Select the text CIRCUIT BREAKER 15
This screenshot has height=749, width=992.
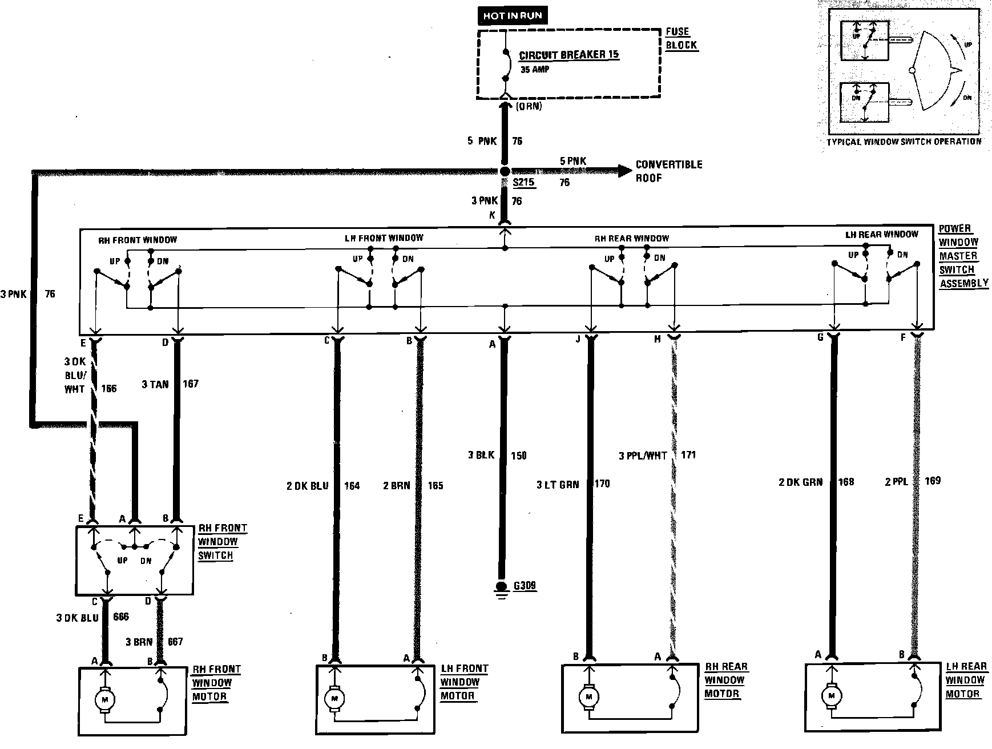click(x=569, y=55)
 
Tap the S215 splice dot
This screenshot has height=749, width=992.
click(x=505, y=171)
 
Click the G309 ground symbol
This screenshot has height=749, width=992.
click(x=502, y=588)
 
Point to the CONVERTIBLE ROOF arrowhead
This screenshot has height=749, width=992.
click(x=626, y=170)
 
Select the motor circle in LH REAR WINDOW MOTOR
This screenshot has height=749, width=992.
click(x=832, y=695)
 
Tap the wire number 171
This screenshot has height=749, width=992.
click(x=688, y=456)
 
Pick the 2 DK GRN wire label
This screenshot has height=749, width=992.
click(x=800, y=482)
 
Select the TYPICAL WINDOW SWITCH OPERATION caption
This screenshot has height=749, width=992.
click(x=904, y=141)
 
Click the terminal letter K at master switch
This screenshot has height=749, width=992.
click(x=491, y=215)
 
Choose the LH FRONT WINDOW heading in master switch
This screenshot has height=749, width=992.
click(x=384, y=237)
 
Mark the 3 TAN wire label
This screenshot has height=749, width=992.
click(x=155, y=384)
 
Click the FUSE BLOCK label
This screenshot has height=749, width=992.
click(x=681, y=38)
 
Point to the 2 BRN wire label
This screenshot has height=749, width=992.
click(x=396, y=486)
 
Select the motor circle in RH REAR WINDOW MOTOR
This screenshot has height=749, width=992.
click(x=588, y=696)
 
